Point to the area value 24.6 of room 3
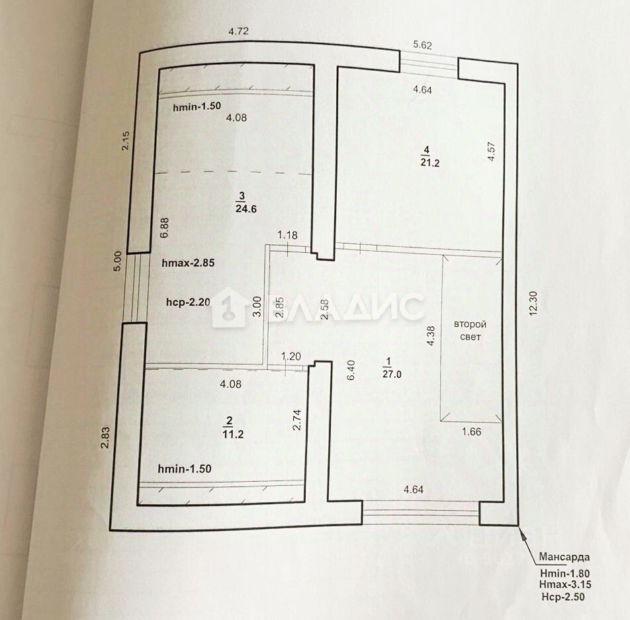(x=245, y=208)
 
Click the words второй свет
(x=471, y=330)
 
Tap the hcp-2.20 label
(x=188, y=302)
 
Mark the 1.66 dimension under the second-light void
(x=471, y=432)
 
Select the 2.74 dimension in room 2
(x=297, y=420)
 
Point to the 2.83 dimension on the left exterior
(x=105, y=439)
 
